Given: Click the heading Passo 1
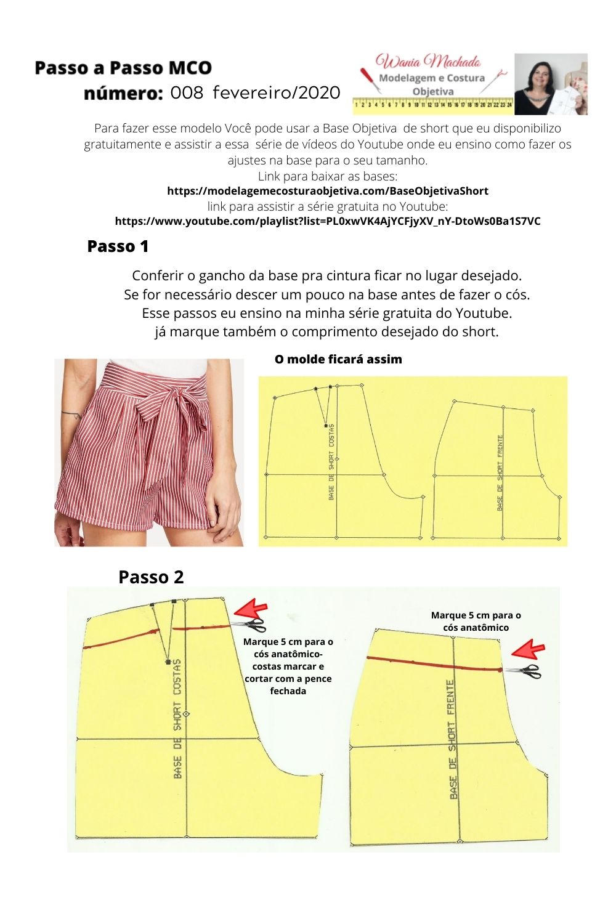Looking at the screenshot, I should pyautogui.click(x=118, y=246).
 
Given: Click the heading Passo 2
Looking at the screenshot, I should pyautogui.click(x=151, y=577).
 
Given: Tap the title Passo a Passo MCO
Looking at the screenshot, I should pyautogui.click(x=123, y=68).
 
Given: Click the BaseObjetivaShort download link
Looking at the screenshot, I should pyautogui.click(x=328, y=191).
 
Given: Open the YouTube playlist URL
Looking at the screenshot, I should pyautogui.click(x=328, y=221).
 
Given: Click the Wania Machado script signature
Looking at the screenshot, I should pyautogui.click(x=428, y=62).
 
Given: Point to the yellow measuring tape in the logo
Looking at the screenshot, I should pyautogui.click(x=433, y=105).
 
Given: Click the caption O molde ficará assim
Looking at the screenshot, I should pyautogui.click(x=338, y=359).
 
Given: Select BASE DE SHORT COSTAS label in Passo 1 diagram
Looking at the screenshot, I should pyautogui.click(x=332, y=462).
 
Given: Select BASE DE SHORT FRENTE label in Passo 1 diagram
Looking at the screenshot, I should pyautogui.click(x=500, y=473).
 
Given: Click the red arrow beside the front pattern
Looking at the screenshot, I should pyautogui.click(x=529, y=650).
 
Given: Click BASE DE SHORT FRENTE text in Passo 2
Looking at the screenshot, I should pyautogui.click(x=452, y=739).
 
